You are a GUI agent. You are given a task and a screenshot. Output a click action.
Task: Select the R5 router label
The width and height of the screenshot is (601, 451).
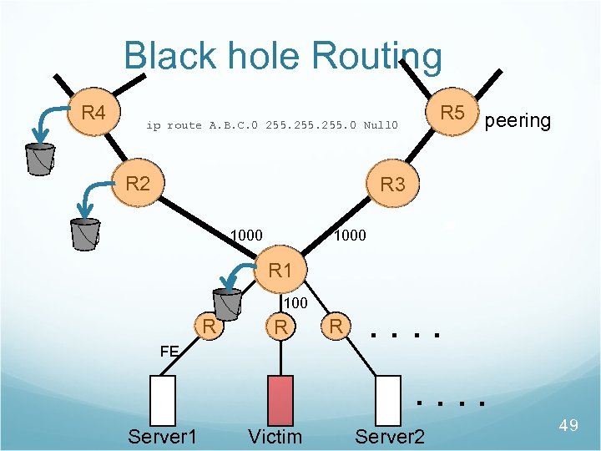pyautogui.click(x=452, y=112)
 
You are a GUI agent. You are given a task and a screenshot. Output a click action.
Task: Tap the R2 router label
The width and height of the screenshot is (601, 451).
pyautogui.click(x=137, y=184)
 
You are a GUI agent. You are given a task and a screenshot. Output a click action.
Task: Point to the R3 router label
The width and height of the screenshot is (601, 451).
pyautogui.click(x=391, y=185)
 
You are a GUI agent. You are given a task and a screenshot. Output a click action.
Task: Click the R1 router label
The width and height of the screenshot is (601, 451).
pyautogui.click(x=280, y=271)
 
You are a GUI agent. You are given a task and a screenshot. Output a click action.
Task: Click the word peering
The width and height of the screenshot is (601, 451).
pyautogui.click(x=518, y=120)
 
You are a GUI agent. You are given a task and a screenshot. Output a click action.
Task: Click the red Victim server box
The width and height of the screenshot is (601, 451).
pyautogui.click(x=280, y=400)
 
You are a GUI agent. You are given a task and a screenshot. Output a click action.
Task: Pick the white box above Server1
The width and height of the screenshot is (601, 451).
pyautogui.click(x=163, y=400)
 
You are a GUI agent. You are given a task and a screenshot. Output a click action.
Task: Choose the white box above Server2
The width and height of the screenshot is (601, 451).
pyautogui.click(x=388, y=400)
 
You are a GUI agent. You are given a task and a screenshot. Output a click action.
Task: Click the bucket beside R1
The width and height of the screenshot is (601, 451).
pyautogui.click(x=226, y=304)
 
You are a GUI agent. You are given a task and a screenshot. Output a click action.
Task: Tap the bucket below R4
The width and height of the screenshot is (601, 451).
pyautogui.click(x=39, y=158)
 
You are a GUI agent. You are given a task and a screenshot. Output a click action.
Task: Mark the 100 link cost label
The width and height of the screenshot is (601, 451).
pyautogui.click(x=296, y=302)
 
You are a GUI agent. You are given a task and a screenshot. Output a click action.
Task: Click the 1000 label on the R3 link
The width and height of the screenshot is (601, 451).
pyautogui.click(x=349, y=236)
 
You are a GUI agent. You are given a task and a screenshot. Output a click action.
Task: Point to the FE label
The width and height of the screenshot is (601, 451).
pyautogui.click(x=169, y=352)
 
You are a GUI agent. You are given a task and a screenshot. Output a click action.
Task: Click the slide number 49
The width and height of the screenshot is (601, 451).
pyautogui.click(x=568, y=426)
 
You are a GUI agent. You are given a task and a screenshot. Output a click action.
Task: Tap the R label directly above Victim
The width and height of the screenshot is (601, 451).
pyautogui.click(x=282, y=327)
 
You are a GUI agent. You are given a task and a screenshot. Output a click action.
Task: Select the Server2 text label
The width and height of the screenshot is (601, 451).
pyautogui.click(x=390, y=437)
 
